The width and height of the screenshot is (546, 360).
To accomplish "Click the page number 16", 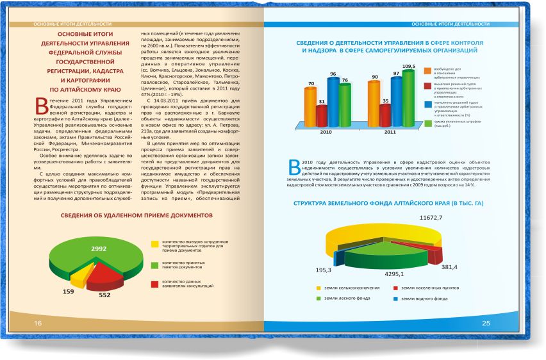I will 38,323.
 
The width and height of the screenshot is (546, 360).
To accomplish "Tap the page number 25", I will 485,322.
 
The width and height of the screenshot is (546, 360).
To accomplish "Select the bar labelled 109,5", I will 408,96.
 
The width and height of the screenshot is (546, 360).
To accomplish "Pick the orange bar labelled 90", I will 374,102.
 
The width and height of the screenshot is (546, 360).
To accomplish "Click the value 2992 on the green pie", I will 99,249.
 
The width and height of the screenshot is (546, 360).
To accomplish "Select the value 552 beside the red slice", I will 104,295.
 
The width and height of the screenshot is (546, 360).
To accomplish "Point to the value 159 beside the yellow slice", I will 68,292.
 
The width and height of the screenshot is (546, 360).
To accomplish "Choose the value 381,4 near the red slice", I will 449,266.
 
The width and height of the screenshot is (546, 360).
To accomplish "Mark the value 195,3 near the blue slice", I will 324,270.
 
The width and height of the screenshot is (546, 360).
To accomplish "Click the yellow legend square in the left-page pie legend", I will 154,243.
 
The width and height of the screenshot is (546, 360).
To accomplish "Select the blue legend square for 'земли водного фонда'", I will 396,299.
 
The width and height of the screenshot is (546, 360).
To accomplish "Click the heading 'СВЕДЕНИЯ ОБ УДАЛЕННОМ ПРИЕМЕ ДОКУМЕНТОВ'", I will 136,216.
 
